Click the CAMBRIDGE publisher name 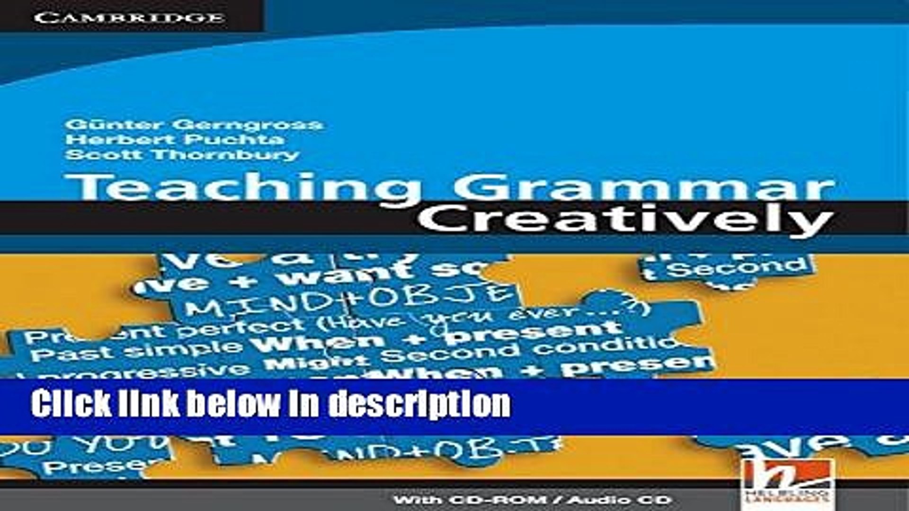[129, 18]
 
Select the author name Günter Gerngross [194, 125]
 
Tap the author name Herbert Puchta [175, 140]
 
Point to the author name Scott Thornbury [182, 155]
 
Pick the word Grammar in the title [644, 188]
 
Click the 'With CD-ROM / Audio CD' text [533, 500]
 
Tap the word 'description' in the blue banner [419, 405]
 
